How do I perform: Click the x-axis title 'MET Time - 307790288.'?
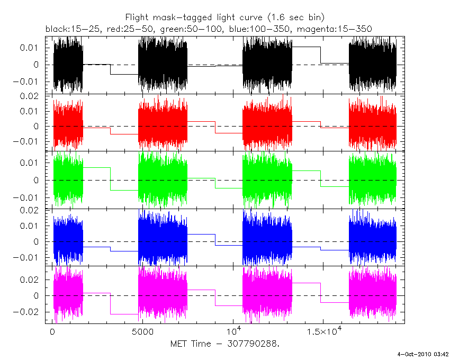click(x=225, y=344)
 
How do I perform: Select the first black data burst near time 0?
click(x=68, y=65)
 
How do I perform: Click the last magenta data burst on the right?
click(x=373, y=295)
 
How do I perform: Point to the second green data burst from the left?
click(x=163, y=180)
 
